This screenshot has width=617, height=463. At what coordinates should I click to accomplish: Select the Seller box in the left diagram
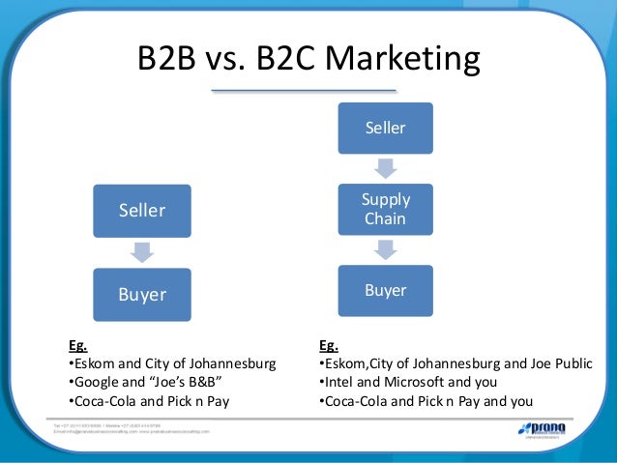pyautogui.click(x=142, y=211)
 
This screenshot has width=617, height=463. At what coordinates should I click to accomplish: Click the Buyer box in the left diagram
pyautogui.click(x=142, y=294)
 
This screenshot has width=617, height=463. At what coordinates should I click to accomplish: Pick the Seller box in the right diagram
pyautogui.click(x=385, y=128)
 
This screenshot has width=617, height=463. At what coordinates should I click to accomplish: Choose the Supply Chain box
pyautogui.click(x=385, y=208)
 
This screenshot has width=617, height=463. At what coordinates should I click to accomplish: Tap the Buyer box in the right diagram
pyautogui.click(x=385, y=289)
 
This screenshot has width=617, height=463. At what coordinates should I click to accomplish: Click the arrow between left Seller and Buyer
pyautogui.click(x=142, y=251)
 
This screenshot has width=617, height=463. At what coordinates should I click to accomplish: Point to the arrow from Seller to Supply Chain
pyautogui.click(x=385, y=167)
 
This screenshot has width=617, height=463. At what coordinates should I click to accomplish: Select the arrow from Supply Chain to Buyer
pyautogui.click(x=385, y=249)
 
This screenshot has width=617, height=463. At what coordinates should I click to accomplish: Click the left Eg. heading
pyautogui.click(x=76, y=344)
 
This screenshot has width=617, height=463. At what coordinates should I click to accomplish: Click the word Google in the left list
pyautogui.click(x=97, y=383)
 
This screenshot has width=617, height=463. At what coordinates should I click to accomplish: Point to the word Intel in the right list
pyautogui.click(x=339, y=383)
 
